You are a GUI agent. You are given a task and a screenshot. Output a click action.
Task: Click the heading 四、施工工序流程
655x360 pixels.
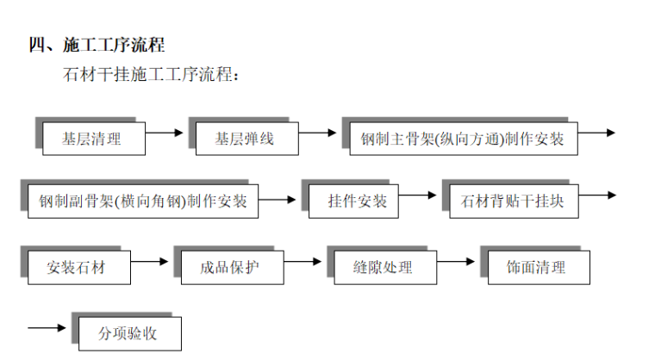pos(97,45)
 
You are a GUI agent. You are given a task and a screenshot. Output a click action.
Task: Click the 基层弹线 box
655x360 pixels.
pos(245,138)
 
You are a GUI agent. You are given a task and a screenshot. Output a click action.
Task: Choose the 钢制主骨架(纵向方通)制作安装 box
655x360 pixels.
pos(463,138)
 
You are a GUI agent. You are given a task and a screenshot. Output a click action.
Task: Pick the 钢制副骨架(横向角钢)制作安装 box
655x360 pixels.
pos(143,202)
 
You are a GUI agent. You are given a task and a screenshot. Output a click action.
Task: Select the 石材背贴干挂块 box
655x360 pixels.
pos(512,202)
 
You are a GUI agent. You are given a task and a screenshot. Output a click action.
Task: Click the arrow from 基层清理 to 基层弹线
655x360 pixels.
pos(165,133)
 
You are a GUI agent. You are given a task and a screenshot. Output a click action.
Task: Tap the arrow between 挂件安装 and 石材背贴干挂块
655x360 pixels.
pos(418,196)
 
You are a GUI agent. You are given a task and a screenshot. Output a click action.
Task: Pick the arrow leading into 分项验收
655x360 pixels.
pos(47,327)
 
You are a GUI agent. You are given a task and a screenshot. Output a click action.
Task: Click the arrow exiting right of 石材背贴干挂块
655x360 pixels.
pos(596,196)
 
